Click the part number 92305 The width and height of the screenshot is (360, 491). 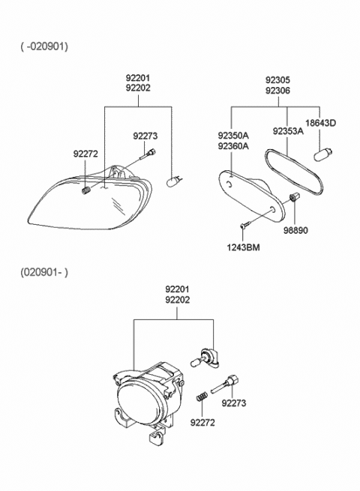[x=277, y=79]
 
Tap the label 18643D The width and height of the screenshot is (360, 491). [x=320, y=123]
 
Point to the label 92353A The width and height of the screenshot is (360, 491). [x=288, y=131]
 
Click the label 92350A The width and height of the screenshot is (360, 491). [x=233, y=136]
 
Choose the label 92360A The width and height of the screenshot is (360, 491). [x=233, y=146]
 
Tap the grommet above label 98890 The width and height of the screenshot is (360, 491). [x=295, y=198]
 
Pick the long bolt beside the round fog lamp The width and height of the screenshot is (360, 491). [x=227, y=385]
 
